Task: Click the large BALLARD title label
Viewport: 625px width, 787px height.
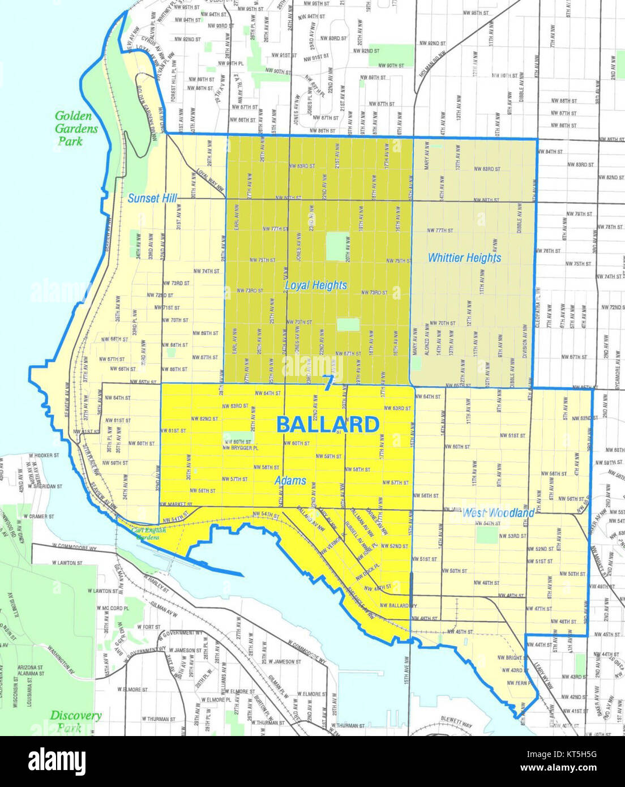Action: [x=328, y=424]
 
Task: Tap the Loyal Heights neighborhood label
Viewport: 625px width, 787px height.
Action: [x=315, y=285]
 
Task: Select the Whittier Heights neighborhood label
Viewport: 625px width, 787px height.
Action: [x=464, y=258]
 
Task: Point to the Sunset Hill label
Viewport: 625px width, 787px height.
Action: [x=152, y=198]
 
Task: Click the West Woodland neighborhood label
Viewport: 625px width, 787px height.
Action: [x=498, y=514]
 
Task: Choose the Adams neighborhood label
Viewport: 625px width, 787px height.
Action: [x=290, y=481]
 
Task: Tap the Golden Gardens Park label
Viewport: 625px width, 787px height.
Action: [x=76, y=129]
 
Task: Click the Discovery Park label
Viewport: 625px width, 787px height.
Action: [x=76, y=721]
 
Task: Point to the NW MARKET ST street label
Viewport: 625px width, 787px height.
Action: [x=177, y=504]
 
